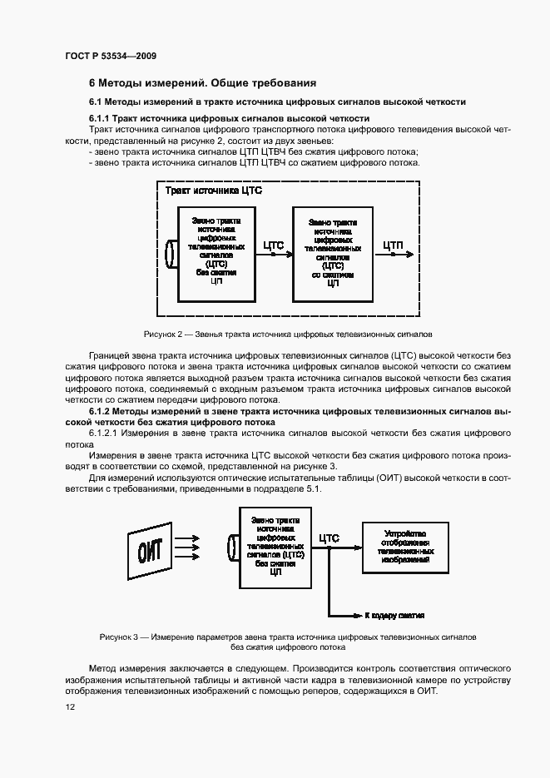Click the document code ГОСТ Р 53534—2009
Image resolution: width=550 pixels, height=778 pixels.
coord(110,56)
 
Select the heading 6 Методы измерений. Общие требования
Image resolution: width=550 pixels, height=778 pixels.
coord(202,83)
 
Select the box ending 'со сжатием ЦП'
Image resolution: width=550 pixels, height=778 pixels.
coord(333,252)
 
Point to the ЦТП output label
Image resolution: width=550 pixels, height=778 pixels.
coord(394,245)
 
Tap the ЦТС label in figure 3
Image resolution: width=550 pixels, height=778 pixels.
coord(330,538)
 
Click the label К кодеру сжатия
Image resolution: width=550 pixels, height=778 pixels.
coord(394,616)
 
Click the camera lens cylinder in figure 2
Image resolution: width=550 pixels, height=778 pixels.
coord(172,254)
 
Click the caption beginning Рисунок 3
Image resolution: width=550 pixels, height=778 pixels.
coord(288,641)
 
